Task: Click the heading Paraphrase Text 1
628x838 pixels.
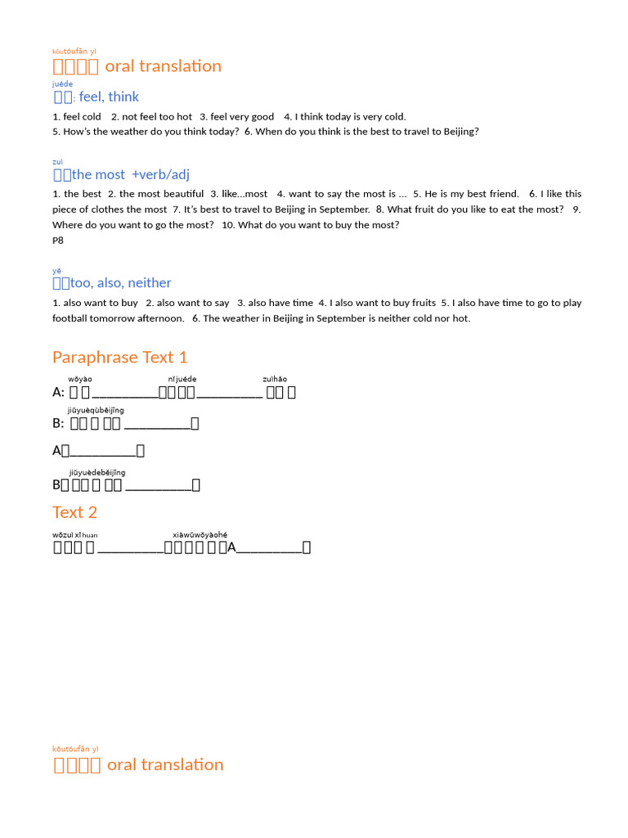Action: point(119,357)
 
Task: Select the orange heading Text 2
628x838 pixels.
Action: point(74,512)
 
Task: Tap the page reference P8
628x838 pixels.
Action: point(58,241)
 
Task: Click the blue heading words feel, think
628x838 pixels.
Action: point(109,97)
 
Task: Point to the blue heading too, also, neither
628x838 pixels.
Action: point(121,283)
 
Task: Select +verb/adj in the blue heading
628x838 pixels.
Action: point(160,174)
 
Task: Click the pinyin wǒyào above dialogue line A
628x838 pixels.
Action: point(80,379)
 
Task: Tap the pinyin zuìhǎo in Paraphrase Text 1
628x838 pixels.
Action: point(275,379)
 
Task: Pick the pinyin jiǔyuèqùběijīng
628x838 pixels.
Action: point(96,410)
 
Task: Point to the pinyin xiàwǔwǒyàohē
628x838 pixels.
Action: point(200,535)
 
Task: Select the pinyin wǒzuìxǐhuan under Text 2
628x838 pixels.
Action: point(74,535)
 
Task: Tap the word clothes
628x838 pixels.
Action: point(107,209)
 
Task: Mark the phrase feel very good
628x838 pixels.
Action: point(242,117)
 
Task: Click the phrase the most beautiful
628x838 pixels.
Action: point(160,194)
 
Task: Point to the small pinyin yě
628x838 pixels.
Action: point(56,271)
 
